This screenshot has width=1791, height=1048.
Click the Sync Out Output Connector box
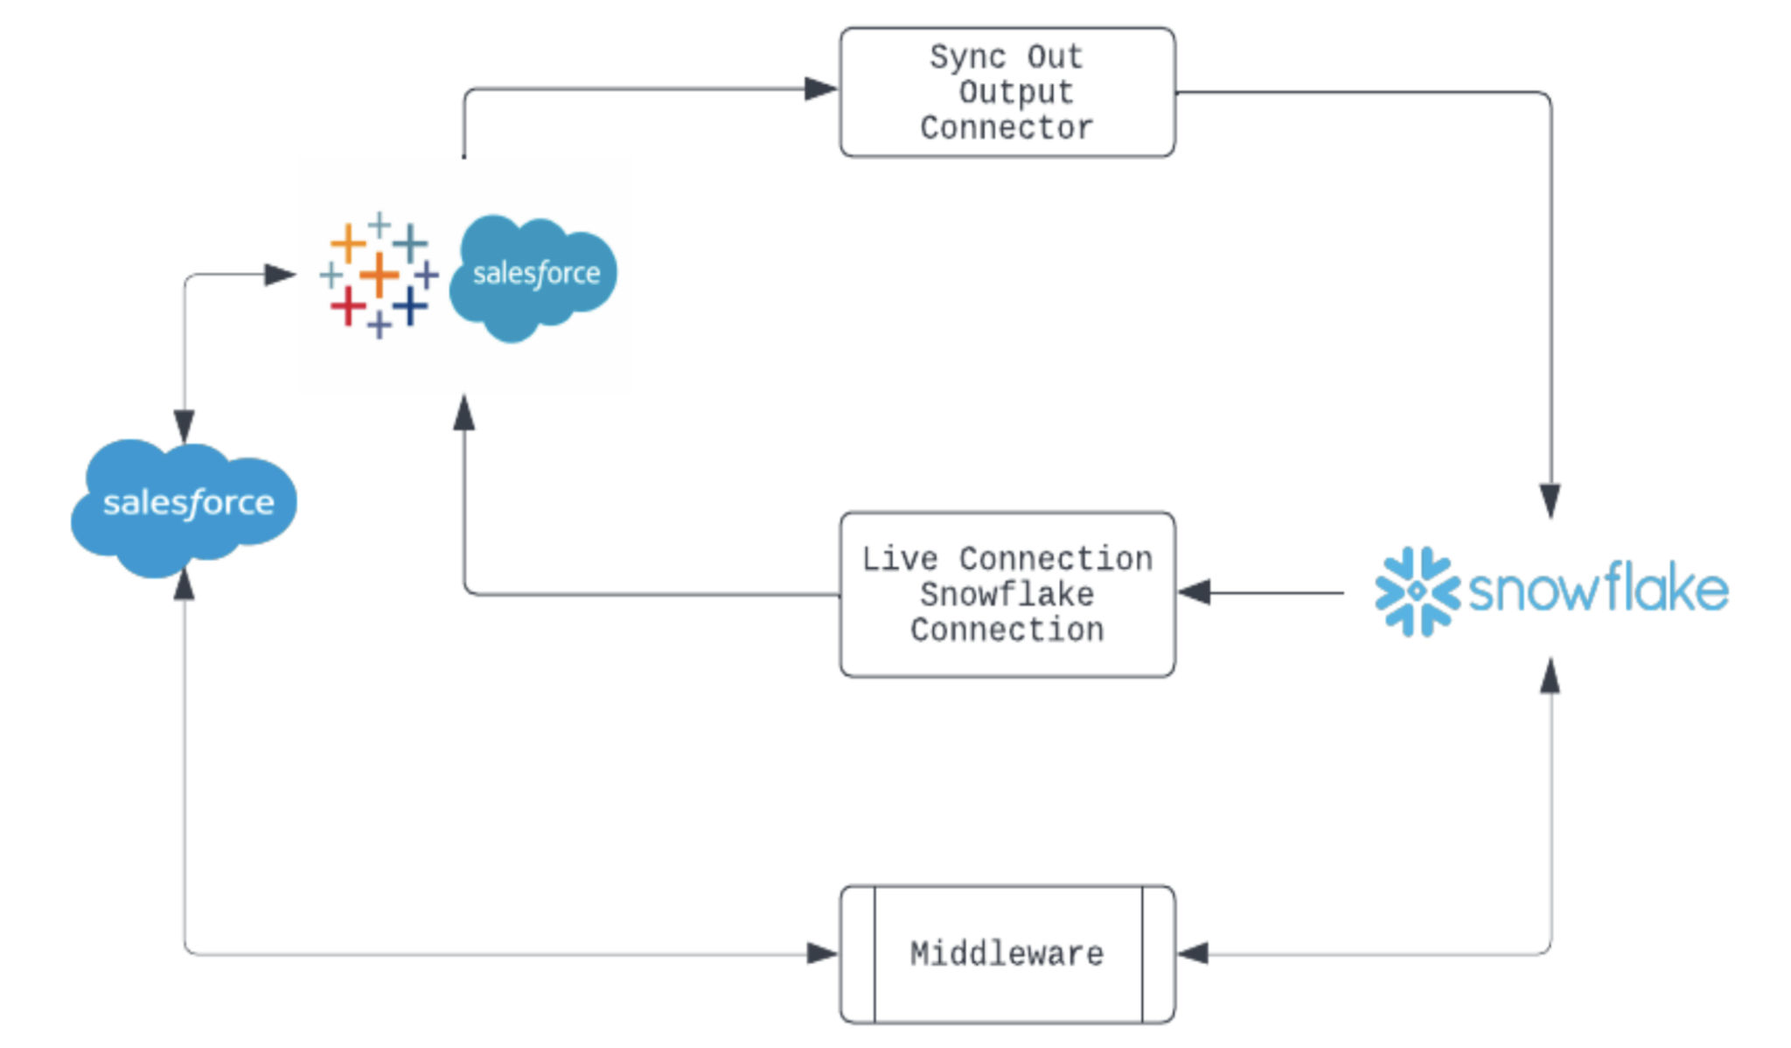1007,92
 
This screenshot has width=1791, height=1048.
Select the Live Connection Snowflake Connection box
1007,594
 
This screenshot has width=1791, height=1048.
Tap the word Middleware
1007,954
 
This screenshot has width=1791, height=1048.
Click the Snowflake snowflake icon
1417,591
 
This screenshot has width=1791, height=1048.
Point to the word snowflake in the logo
1599,589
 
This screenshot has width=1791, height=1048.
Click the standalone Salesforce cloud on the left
185,506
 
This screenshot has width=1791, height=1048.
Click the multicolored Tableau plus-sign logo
379,275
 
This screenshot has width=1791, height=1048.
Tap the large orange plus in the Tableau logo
380,274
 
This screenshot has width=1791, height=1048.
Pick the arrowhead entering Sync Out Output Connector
820,88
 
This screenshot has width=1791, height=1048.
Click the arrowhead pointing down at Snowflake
1551,501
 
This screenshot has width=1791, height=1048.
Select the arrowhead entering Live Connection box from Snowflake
1195,592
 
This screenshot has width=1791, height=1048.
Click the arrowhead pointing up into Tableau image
464,413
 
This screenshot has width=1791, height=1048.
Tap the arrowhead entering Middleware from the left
821,954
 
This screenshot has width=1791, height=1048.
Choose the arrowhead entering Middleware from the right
1194,954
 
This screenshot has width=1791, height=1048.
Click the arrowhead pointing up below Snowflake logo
1550,676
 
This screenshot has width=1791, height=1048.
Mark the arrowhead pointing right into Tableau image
280,275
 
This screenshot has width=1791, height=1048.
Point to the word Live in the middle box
899,558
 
